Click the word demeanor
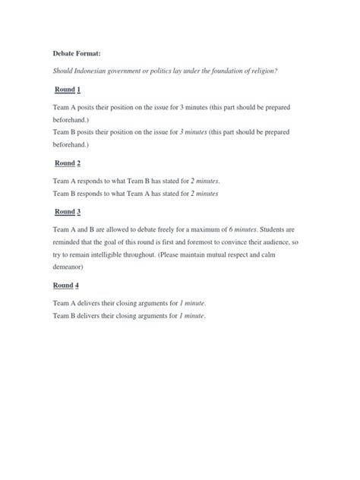click(x=74, y=267)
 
